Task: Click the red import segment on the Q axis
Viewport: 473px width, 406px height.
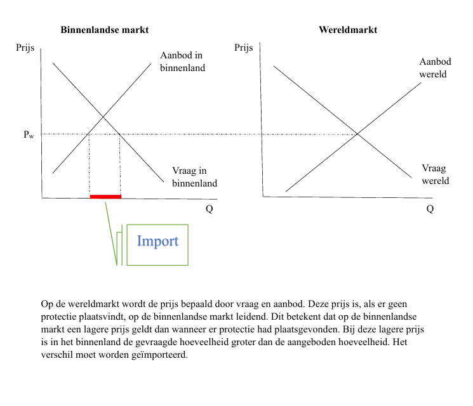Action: pos(105,197)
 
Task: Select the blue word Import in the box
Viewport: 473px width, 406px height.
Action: pos(157,241)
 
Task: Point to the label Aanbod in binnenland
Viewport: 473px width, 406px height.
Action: pos(182,62)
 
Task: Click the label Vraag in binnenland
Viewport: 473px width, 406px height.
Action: pos(194,177)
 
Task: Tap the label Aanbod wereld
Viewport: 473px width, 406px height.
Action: pos(435,68)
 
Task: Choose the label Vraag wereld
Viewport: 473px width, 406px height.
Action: pos(435,174)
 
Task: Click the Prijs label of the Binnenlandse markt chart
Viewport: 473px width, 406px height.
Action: pos(25,48)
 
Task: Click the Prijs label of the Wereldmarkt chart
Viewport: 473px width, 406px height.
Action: pos(244,48)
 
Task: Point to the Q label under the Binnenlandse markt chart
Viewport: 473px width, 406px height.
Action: pos(209,210)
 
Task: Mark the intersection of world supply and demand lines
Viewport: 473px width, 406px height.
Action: pos(358,134)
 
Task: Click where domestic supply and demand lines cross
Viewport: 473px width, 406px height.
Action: pos(103,117)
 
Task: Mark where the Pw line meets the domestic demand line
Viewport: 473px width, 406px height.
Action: pos(120,134)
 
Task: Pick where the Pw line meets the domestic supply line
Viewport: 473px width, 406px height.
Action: pos(88,134)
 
